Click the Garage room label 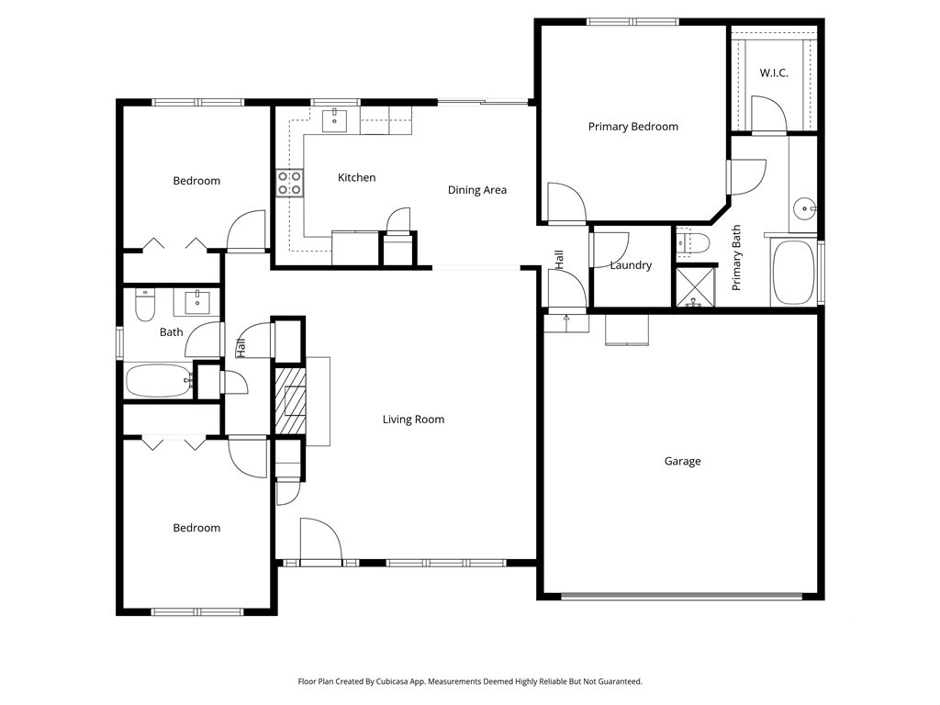[682, 461]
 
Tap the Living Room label [414, 420]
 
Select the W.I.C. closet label [773, 73]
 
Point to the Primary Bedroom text [633, 127]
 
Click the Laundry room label [631, 265]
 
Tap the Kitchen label [357, 177]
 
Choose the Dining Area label [477, 190]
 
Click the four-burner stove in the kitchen [289, 183]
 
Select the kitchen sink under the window [334, 120]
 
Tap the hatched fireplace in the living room [291, 401]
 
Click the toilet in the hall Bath [145, 305]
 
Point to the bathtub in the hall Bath [160, 381]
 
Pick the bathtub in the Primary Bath [794, 273]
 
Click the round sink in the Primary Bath [804, 209]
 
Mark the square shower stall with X [696, 287]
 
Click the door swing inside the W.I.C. [769, 113]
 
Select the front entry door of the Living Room [320, 541]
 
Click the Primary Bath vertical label [737, 258]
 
